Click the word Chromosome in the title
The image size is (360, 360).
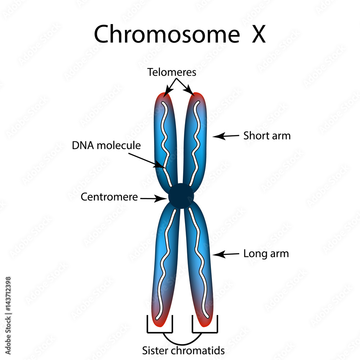point(166,34)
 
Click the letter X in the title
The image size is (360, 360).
point(258,34)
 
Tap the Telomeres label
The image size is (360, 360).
point(172,72)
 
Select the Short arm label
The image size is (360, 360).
point(267,136)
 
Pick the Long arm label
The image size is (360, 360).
point(266,253)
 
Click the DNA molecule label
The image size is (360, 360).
point(106,145)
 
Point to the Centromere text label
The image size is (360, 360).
point(109,197)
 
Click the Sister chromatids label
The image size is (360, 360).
point(183,350)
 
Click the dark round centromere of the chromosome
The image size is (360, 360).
point(181,196)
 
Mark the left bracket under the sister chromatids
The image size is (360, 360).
point(160,330)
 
